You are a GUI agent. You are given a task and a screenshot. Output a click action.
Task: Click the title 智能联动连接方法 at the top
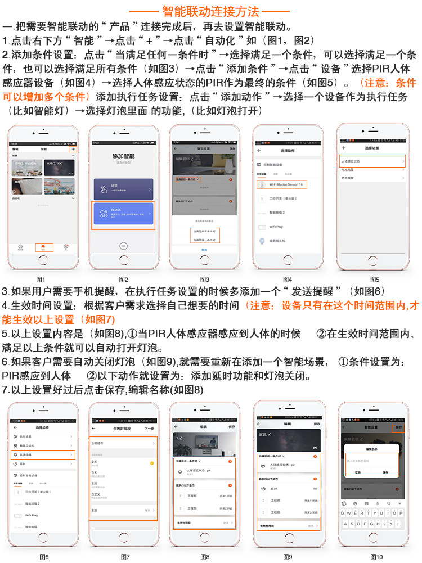point(210,11)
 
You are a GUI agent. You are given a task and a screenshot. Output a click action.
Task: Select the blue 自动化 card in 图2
point(123,214)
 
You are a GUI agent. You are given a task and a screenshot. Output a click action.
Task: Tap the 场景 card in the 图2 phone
point(123,190)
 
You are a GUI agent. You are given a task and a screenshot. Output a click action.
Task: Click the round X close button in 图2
point(124,246)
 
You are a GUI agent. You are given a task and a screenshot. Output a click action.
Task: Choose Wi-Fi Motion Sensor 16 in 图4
point(287,184)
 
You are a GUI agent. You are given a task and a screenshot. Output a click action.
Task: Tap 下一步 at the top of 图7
point(149,428)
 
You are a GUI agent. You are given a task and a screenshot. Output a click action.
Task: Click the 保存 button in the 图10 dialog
point(385,472)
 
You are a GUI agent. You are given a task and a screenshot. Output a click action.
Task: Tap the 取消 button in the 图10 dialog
point(358,472)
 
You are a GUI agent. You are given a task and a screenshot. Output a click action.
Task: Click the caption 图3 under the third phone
point(205,280)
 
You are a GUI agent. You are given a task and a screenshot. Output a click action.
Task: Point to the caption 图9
point(288,557)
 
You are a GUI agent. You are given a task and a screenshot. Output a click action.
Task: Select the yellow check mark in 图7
point(152,463)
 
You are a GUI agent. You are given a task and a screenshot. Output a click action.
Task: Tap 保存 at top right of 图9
point(316,424)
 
